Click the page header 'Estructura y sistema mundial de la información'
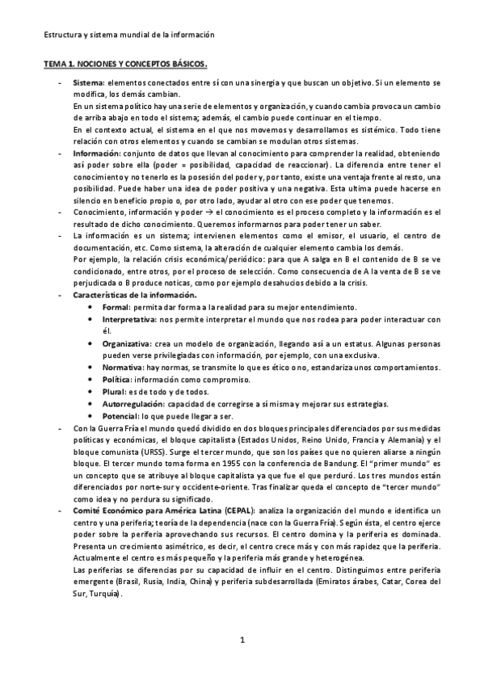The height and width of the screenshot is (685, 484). (x=129, y=35)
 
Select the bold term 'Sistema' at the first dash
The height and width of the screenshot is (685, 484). (x=87, y=83)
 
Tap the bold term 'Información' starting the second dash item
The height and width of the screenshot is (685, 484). (x=95, y=152)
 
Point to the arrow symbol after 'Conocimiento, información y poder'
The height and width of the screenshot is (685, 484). (x=196, y=212)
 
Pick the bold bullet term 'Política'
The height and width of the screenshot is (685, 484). (x=118, y=380)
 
